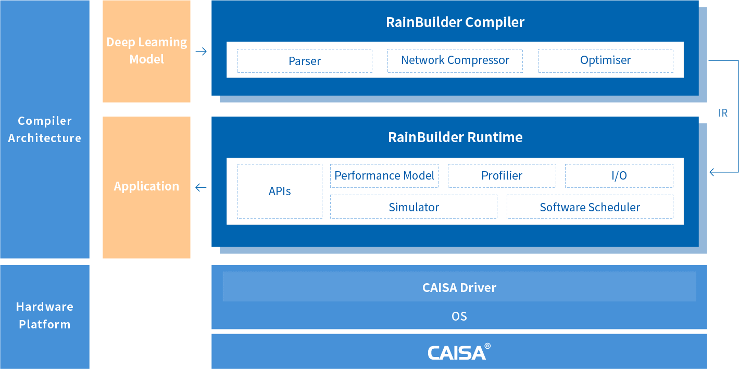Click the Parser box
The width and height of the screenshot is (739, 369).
tap(305, 61)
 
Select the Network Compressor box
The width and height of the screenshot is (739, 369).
tap(455, 60)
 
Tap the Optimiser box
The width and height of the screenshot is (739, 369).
tap(605, 60)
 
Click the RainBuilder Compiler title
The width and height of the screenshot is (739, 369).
tap(455, 22)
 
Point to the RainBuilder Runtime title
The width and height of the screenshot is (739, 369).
tap(455, 137)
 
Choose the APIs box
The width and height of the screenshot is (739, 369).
tap(280, 191)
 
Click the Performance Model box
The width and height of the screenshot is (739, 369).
tap(384, 176)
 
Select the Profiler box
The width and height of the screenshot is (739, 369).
tap(502, 176)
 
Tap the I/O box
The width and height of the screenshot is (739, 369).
tap(619, 176)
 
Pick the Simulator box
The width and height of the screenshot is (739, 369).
tap(414, 207)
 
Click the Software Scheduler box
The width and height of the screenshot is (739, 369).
tap(590, 207)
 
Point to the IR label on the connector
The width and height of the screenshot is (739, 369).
tap(722, 113)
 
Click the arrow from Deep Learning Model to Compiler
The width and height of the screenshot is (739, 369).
tap(201, 52)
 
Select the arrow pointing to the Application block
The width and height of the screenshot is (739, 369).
tap(201, 187)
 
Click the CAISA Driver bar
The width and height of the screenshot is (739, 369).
tap(459, 287)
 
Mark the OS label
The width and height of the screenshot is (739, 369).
tap(459, 316)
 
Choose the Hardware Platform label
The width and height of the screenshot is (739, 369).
tap(44, 315)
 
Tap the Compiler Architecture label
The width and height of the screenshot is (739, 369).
tap(44, 129)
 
